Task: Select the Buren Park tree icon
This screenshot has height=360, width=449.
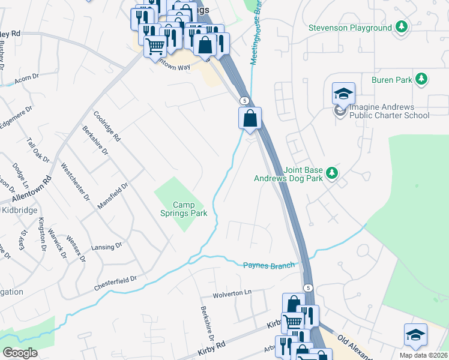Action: (422, 79)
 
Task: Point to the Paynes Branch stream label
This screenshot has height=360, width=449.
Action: (270, 265)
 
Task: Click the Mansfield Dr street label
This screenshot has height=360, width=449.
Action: (113, 196)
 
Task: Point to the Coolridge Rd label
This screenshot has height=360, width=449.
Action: (107, 126)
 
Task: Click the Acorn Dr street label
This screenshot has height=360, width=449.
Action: (26, 77)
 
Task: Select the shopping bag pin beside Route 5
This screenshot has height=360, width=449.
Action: (250, 118)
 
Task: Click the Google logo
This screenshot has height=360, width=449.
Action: (20, 353)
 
